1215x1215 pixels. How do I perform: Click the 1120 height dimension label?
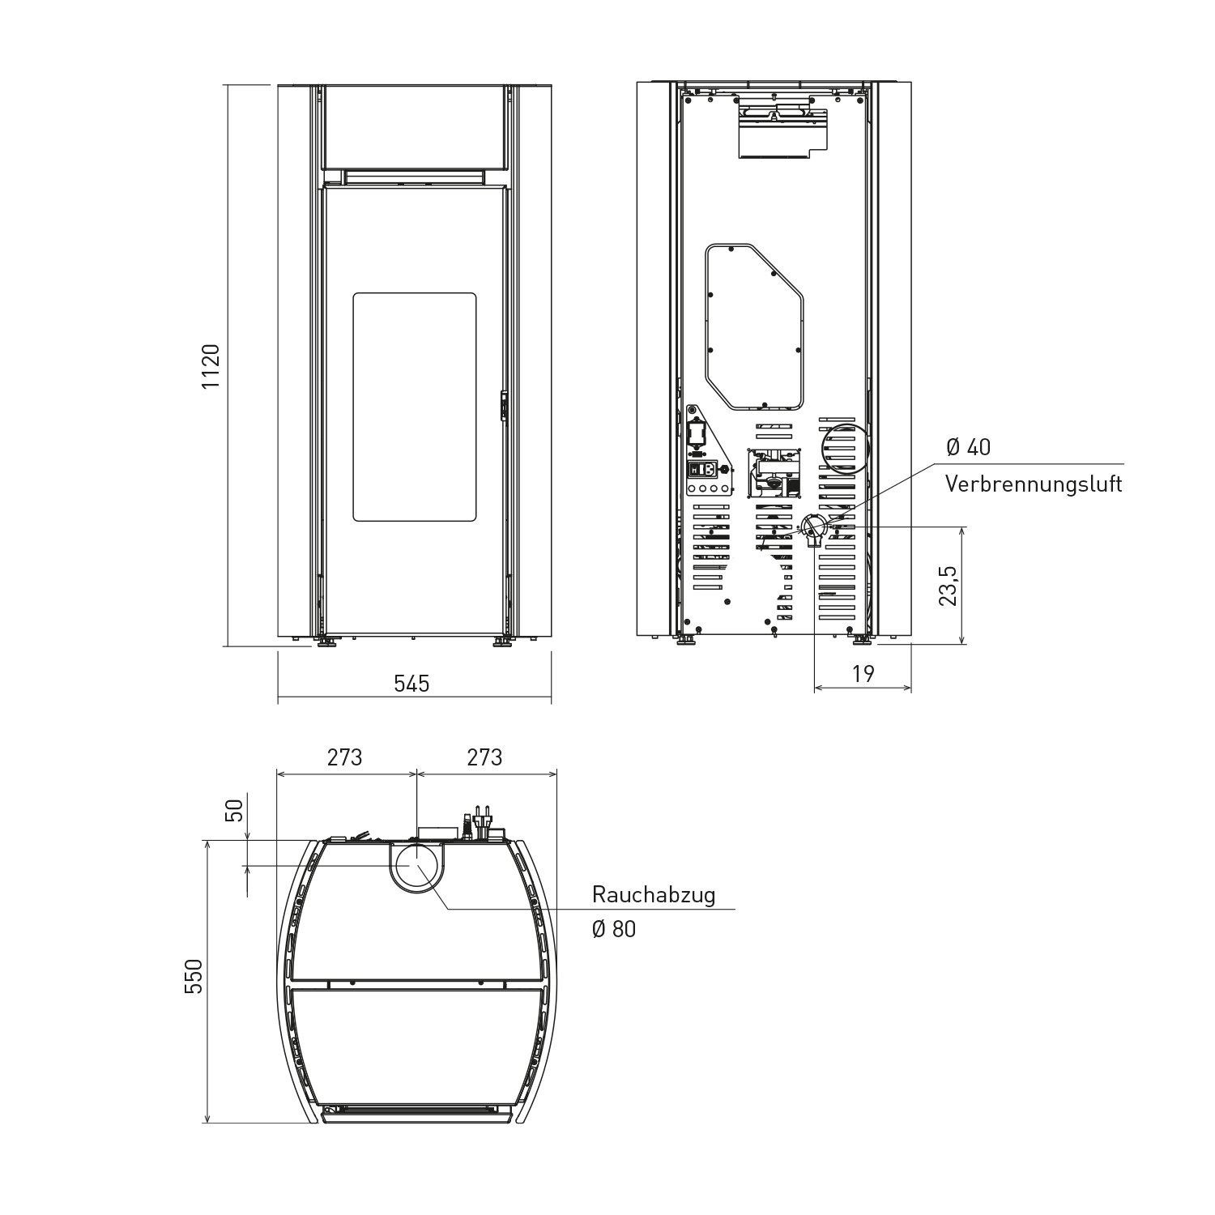click(211, 365)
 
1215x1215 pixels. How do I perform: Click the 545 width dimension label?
click(411, 684)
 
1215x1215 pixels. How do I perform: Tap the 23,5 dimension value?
click(949, 585)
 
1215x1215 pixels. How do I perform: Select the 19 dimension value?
click(863, 674)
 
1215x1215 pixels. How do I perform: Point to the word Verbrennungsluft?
click(1034, 484)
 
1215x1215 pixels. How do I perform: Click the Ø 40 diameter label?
click(968, 447)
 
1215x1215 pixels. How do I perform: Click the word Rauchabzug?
click(654, 896)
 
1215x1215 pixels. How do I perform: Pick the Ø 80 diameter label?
click(614, 929)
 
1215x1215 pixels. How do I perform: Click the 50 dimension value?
click(234, 810)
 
